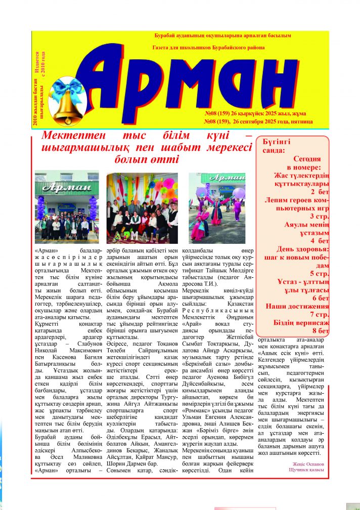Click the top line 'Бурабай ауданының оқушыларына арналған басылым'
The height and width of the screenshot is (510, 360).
click(222, 35)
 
